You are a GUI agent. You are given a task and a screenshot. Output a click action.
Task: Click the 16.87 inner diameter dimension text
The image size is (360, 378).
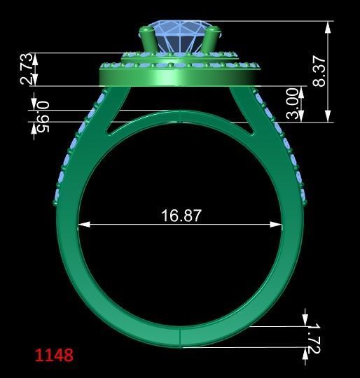[181, 215]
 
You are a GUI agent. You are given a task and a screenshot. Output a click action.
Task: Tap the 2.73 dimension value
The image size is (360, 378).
[26, 69]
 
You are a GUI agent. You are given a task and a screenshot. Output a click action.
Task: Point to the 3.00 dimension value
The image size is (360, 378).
[293, 104]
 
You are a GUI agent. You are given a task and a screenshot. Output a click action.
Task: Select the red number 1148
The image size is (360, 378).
[54, 355]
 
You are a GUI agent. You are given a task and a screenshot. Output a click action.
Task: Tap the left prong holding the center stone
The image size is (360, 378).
[148, 40]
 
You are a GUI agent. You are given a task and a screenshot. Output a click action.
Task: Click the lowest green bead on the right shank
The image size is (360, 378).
[306, 203]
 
